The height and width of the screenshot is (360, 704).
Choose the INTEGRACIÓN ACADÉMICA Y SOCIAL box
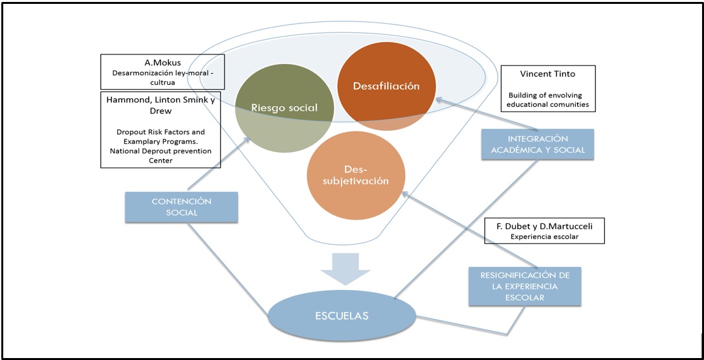pos(538,145)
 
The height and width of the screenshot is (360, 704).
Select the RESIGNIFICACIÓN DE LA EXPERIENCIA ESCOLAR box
pos(525,286)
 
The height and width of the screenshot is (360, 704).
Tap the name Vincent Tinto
pos(547,74)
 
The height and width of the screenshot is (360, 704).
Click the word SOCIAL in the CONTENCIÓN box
pos(182,213)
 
